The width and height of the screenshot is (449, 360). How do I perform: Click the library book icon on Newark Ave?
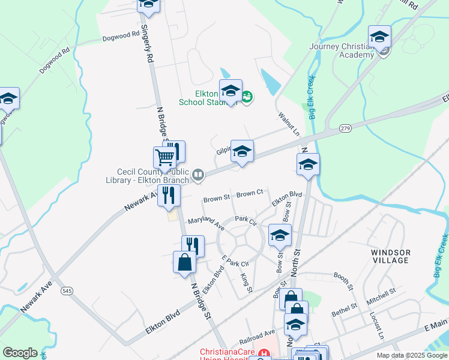click(198, 175)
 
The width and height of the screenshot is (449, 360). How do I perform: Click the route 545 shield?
click(67, 291)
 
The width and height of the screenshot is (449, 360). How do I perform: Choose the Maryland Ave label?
click(206, 224)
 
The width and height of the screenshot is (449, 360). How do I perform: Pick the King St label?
click(245, 284)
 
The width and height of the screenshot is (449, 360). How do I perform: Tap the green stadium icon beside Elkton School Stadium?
click(247, 95)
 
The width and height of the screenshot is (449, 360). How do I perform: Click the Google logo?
click(20, 352)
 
